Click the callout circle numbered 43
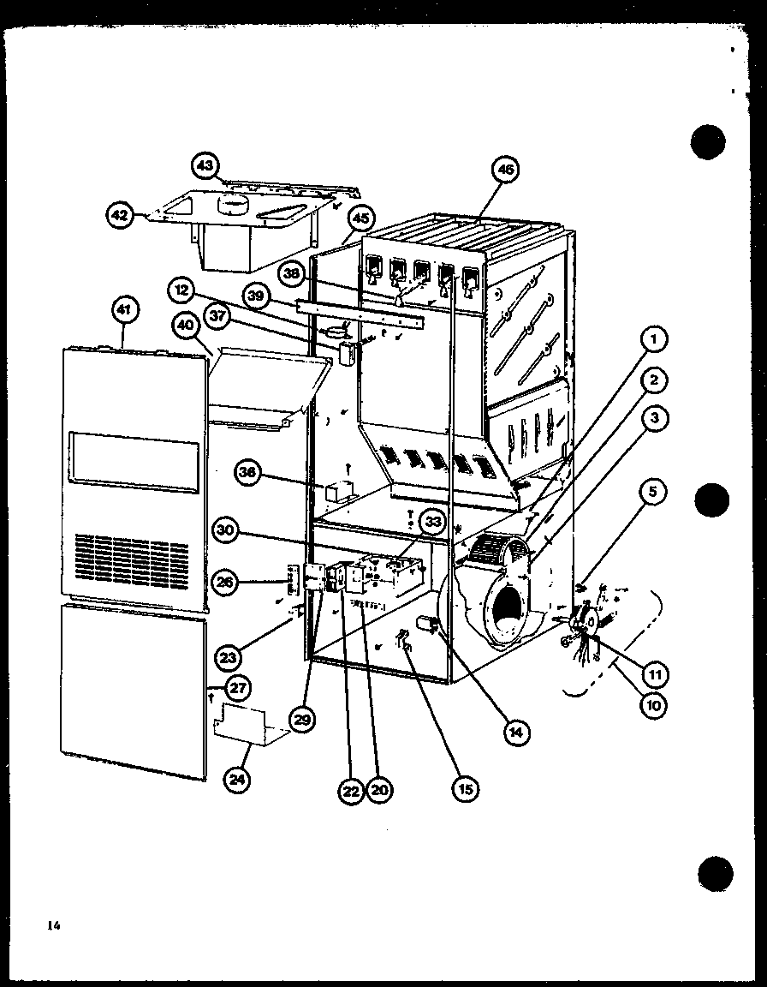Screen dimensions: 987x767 coord(206,164)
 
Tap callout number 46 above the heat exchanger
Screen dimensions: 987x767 coord(506,170)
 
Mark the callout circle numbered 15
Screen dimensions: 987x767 coord(466,788)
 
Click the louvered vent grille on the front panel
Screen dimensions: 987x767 coord(131,557)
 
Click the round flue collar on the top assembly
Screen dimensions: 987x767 coord(232,204)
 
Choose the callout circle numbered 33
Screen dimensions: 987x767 coord(434,520)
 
